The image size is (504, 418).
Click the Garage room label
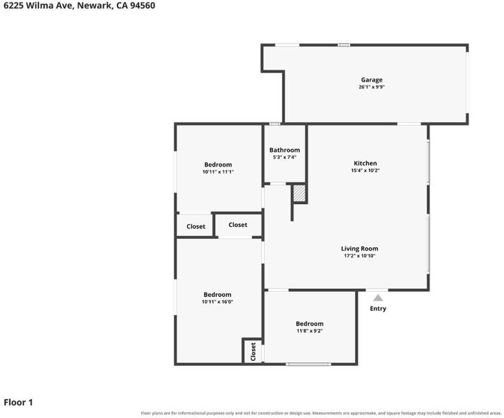point(372,80)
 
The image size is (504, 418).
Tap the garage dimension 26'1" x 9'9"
point(372,87)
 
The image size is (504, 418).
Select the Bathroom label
point(285,150)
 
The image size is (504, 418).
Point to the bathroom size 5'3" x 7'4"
point(285,157)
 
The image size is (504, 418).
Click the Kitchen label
point(365,163)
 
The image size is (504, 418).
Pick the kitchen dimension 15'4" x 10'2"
point(365,171)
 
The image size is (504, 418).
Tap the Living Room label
point(359,249)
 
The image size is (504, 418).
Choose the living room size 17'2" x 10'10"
point(359,256)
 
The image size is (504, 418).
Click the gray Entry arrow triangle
point(378,298)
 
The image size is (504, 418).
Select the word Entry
point(378,308)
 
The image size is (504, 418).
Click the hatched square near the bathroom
point(299,193)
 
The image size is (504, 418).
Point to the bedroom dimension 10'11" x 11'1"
point(218,172)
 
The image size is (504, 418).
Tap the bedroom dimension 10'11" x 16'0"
point(217,302)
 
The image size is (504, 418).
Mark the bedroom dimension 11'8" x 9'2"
point(310,331)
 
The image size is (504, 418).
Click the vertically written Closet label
point(253,352)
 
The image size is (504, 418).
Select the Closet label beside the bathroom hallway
point(238,224)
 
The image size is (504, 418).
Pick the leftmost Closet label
point(196,226)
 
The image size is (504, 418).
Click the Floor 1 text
point(18,402)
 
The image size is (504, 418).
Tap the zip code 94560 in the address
point(143,6)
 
